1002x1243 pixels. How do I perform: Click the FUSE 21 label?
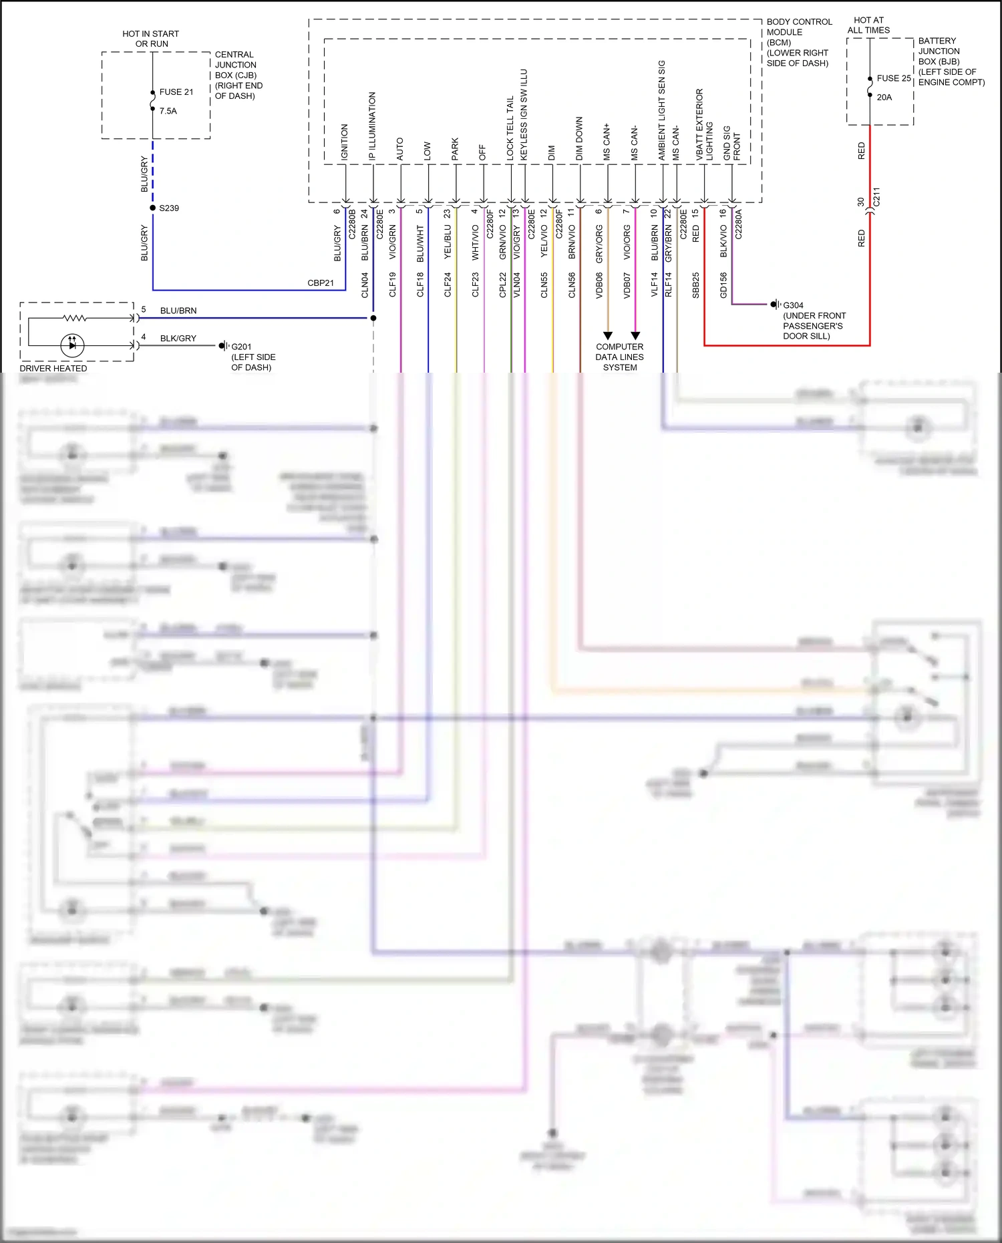pos(176,92)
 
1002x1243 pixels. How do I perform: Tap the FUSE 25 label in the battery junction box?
pos(893,78)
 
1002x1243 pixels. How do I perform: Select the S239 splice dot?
pos(153,208)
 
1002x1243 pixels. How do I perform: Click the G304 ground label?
pos(793,305)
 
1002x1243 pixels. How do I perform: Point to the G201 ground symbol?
pos(223,346)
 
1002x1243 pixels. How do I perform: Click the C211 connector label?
pos(876,197)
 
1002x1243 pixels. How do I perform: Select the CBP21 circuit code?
pos(321,283)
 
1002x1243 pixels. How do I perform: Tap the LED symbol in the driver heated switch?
pos(72,345)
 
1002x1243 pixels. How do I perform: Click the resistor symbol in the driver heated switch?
pos(74,318)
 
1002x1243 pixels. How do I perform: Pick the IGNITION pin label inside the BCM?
pos(345,142)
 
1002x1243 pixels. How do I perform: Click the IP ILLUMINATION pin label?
pos(372,126)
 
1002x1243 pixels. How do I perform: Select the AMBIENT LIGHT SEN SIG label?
pos(662,110)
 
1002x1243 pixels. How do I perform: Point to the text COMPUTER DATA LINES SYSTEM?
pos(619,357)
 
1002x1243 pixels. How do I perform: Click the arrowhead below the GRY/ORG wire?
pos(607,335)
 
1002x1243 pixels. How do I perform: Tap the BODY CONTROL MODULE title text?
pos(798,27)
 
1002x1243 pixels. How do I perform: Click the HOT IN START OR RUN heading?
pos(150,39)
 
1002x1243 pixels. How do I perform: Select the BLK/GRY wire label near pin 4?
pos(178,339)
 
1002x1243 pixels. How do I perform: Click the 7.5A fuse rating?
pos(168,111)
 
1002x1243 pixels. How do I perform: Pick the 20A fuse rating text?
pos(884,98)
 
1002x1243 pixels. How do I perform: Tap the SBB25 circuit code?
pos(695,285)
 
